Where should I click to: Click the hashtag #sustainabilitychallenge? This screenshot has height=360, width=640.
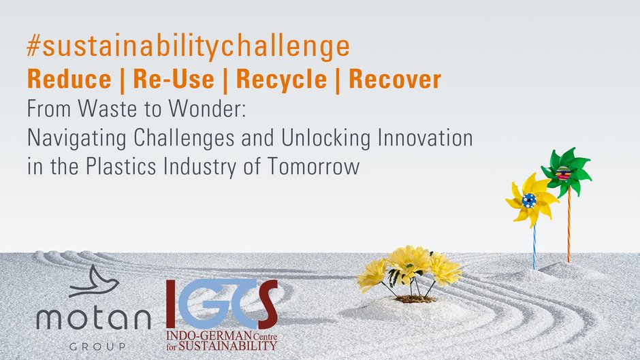(x=188, y=46)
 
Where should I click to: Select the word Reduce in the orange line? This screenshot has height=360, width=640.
(x=69, y=79)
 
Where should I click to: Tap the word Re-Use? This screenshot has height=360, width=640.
(x=174, y=79)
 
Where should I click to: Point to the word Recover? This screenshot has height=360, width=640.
(x=395, y=79)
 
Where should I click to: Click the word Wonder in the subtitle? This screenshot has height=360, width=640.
(x=208, y=109)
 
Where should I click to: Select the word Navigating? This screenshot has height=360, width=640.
(x=77, y=139)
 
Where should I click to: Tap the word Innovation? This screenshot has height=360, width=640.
(x=425, y=138)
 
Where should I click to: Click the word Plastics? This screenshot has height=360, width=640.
(x=121, y=167)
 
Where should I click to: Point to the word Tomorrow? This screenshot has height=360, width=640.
(x=313, y=167)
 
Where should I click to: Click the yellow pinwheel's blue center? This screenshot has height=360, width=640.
(x=529, y=200)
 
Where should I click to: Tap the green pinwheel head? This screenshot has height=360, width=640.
(x=566, y=172)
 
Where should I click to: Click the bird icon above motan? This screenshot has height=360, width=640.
(x=93, y=281)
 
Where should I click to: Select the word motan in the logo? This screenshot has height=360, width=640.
(x=94, y=318)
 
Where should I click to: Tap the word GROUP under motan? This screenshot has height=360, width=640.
(x=97, y=347)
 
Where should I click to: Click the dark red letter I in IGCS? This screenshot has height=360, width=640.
(x=171, y=304)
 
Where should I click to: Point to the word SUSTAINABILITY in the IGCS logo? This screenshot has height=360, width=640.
(x=228, y=346)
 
